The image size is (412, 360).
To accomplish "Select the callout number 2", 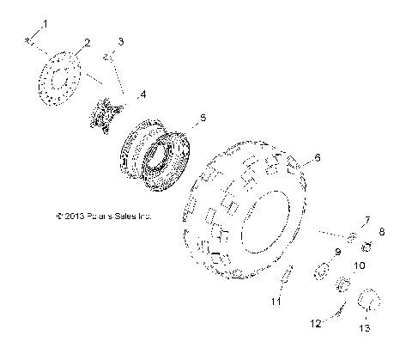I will tap(85, 42).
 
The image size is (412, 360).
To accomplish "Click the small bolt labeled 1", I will tap(29, 39).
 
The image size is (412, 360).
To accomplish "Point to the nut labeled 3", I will tap(107, 57).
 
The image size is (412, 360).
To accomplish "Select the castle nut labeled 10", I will tap(342, 284).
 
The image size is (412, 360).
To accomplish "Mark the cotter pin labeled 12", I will tap(342, 310).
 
